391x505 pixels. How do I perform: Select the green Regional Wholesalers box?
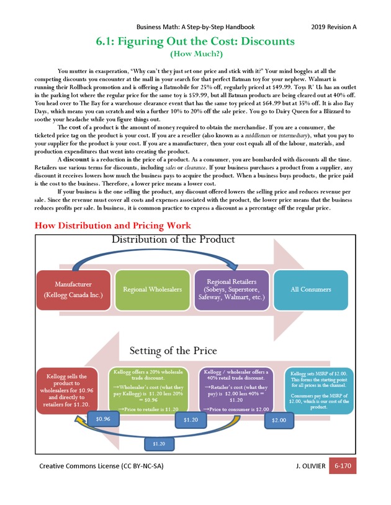pos(153,289)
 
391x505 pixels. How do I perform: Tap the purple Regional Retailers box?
pos(231,290)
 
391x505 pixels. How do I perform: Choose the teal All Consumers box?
pos(311,289)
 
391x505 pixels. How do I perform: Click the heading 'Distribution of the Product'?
pos(173,240)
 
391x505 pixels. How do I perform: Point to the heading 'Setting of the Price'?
pos(173,351)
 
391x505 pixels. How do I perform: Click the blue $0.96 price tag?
pos(103,419)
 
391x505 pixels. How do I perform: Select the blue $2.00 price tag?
pos(279,420)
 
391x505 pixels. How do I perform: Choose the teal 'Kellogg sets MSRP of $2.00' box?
pos(318,390)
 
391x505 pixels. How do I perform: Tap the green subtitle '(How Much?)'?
pos(195,55)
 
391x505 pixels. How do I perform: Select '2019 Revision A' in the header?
pos(333,27)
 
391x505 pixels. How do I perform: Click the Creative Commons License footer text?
pos(106,466)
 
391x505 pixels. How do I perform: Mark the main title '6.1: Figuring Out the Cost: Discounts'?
pos(195,42)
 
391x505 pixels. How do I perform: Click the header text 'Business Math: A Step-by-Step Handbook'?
pos(195,27)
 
